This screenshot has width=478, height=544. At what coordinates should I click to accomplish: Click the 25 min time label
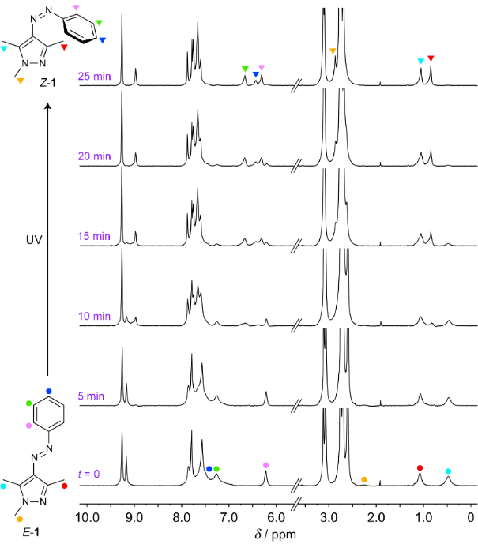[94, 77]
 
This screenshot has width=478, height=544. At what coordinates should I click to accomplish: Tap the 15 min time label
[94, 236]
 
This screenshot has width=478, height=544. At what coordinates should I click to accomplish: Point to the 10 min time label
[94, 316]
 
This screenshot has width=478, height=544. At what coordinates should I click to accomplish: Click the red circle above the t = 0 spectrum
[420, 467]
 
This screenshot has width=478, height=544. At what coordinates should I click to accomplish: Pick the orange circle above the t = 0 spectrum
[363, 479]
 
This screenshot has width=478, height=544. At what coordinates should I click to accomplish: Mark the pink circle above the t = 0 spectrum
[265, 465]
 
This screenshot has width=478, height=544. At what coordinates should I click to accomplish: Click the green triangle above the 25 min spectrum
[245, 69]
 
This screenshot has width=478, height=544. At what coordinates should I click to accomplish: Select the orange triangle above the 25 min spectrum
[333, 51]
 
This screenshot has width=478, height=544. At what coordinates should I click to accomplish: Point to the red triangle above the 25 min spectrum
[431, 58]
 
